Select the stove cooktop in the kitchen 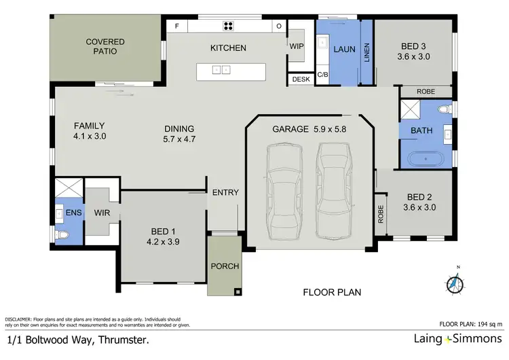(x=228, y=26)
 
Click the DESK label (x=301, y=79)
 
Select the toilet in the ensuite (x=63, y=234)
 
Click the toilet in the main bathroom (x=445, y=109)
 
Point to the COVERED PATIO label (x=105, y=46)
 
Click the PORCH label (x=225, y=266)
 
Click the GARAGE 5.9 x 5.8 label (x=309, y=128)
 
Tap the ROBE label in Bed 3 (x=426, y=92)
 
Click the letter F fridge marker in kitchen (x=177, y=26)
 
